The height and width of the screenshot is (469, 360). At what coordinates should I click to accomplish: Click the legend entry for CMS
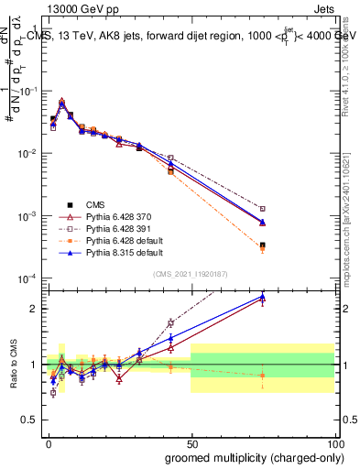pos(97,204)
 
